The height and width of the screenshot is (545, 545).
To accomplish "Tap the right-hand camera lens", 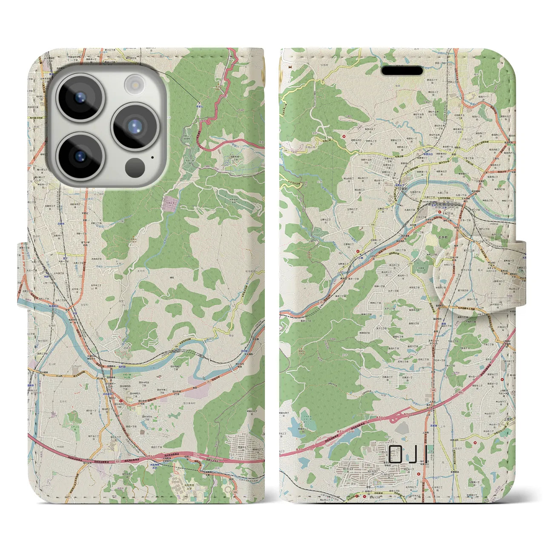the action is [x=135, y=126].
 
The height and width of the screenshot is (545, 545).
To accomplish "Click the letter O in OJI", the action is [x=395, y=454].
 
